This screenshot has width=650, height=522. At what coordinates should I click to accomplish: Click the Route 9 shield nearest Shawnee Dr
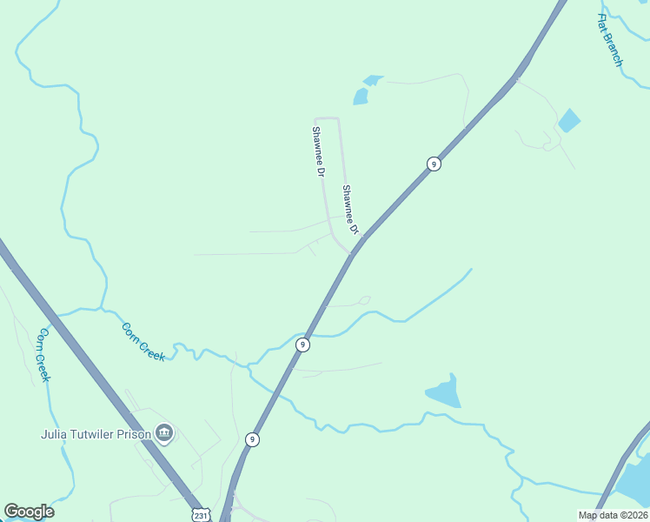click(434, 164)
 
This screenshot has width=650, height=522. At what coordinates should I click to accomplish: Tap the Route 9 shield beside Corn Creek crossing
click(302, 345)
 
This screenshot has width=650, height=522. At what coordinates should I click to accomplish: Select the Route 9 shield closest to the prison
click(252, 439)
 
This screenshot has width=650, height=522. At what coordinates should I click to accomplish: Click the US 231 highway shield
click(201, 514)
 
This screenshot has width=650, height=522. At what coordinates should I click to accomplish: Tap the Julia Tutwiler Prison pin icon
click(164, 432)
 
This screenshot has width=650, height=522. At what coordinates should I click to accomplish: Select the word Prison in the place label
click(133, 433)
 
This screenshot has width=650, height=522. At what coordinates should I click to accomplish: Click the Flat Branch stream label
click(610, 40)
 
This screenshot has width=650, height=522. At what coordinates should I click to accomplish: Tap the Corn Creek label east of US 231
click(143, 342)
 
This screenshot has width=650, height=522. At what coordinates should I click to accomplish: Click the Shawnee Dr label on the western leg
click(319, 152)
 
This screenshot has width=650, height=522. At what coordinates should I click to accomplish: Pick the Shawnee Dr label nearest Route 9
click(350, 210)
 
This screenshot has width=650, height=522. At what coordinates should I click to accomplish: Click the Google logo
click(29, 512)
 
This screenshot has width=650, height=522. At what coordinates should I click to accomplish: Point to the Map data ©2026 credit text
click(613, 515)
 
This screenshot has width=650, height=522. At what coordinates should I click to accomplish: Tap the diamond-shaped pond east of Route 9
click(569, 120)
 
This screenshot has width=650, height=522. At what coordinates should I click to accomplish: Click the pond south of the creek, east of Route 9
click(444, 393)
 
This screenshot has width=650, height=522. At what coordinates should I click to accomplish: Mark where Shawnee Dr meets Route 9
click(353, 253)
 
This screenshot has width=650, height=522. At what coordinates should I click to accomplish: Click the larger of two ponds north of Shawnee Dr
click(361, 96)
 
